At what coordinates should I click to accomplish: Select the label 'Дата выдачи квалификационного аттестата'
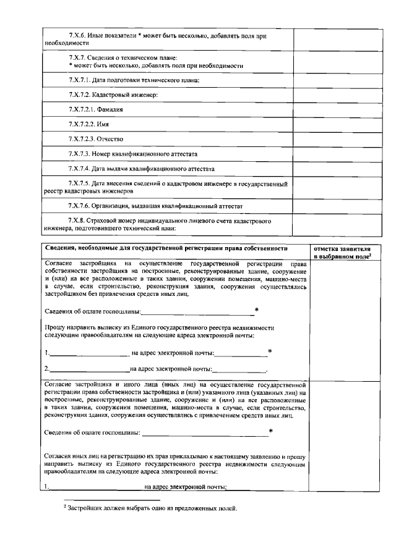(149, 168)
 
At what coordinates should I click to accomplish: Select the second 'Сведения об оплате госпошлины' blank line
(205, 432)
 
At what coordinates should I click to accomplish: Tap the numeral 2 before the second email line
(47, 369)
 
